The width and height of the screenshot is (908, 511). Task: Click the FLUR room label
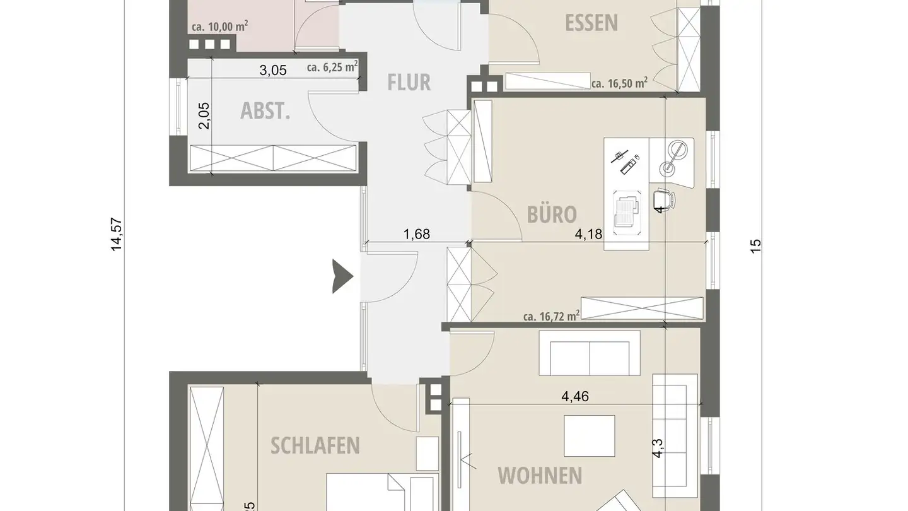click(x=409, y=82)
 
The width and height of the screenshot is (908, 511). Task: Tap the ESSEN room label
click(x=591, y=23)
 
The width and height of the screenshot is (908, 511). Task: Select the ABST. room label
click(x=265, y=111)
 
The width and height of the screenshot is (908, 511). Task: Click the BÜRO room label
click(x=552, y=214)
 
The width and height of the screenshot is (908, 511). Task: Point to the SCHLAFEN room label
click(x=315, y=445)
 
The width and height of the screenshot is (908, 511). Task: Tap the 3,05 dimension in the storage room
click(x=273, y=70)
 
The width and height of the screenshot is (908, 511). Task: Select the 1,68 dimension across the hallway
click(x=417, y=235)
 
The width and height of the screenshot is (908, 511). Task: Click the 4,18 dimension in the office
click(x=589, y=235)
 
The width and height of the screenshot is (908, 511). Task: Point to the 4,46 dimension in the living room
click(x=575, y=396)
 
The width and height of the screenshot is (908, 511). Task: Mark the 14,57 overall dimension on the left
click(x=117, y=235)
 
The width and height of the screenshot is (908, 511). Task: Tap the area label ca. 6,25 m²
click(x=332, y=67)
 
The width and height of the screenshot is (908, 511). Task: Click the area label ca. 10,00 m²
click(x=219, y=26)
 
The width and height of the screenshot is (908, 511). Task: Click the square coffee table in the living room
click(x=589, y=435)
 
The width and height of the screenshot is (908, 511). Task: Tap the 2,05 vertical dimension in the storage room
click(x=204, y=115)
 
